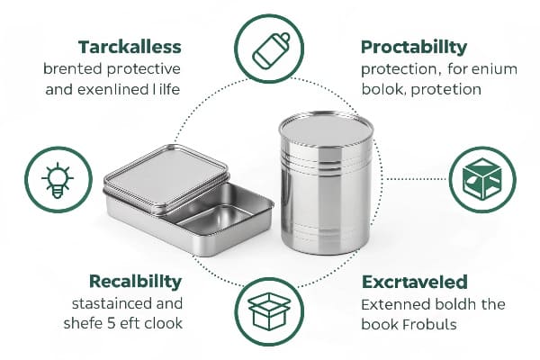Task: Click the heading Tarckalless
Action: (130, 47)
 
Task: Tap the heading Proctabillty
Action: (414, 47)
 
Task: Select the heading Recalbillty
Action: (135, 281)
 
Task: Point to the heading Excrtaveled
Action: (415, 282)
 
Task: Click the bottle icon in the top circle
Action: (271, 51)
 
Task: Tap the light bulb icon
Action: (58, 181)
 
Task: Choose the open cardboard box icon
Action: (269, 311)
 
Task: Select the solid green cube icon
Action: (482, 179)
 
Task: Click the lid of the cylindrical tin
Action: (326, 128)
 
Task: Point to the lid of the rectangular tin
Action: (166, 175)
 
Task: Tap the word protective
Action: (144, 69)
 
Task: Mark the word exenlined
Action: (112, 90)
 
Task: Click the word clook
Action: (164, 323)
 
